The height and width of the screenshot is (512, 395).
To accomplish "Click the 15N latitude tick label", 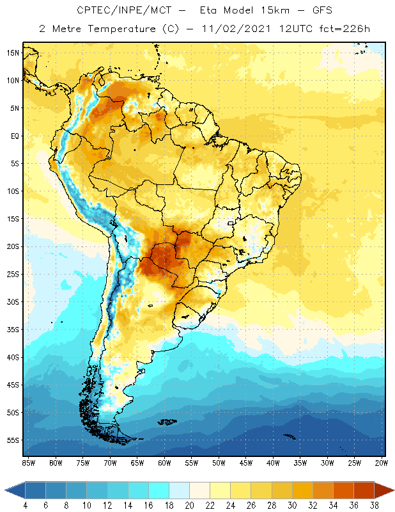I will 13,52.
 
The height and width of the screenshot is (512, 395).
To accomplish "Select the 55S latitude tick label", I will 13,440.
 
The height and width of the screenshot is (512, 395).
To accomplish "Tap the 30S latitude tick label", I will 13,301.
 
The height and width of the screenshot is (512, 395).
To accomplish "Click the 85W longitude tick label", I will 28,462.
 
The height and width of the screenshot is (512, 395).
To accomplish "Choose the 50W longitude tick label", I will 219,462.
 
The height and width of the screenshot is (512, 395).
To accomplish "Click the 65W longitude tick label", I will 137,462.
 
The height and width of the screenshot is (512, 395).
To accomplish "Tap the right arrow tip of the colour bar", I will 392,490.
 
